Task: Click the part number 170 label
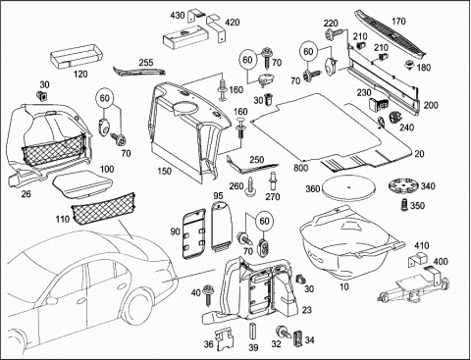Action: pyautogui.click(x=398, y=22)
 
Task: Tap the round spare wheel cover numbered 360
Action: pyautogui.click(x=347, y=187)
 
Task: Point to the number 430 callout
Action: pyautogui.click(x=178, y=16)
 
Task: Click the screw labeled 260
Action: pyautogui.click(x=251, y=186)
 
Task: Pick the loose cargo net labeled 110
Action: pyautogui.click(x=103, y=208)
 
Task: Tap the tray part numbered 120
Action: pyautogui.click(x=77, y=57)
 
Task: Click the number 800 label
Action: pyautogui.click(x=300, y=168)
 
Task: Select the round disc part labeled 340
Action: pyautogui.click(x=403, y=186)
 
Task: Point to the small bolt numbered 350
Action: pyautogui.click(x=405, y=205)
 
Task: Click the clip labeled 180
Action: pyautogui.click(x=409, y=64)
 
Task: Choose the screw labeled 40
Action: pyautogui.click(x=208, y=295)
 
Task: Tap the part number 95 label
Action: pyautogui.click(x=218, y=196)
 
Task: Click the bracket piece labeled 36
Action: pyautogui.click(x=224, y=339)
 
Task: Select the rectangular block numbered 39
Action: pyautogui.click(x=253, y=333)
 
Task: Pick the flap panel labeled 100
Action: pyautogui.click(x=81, y=184)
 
